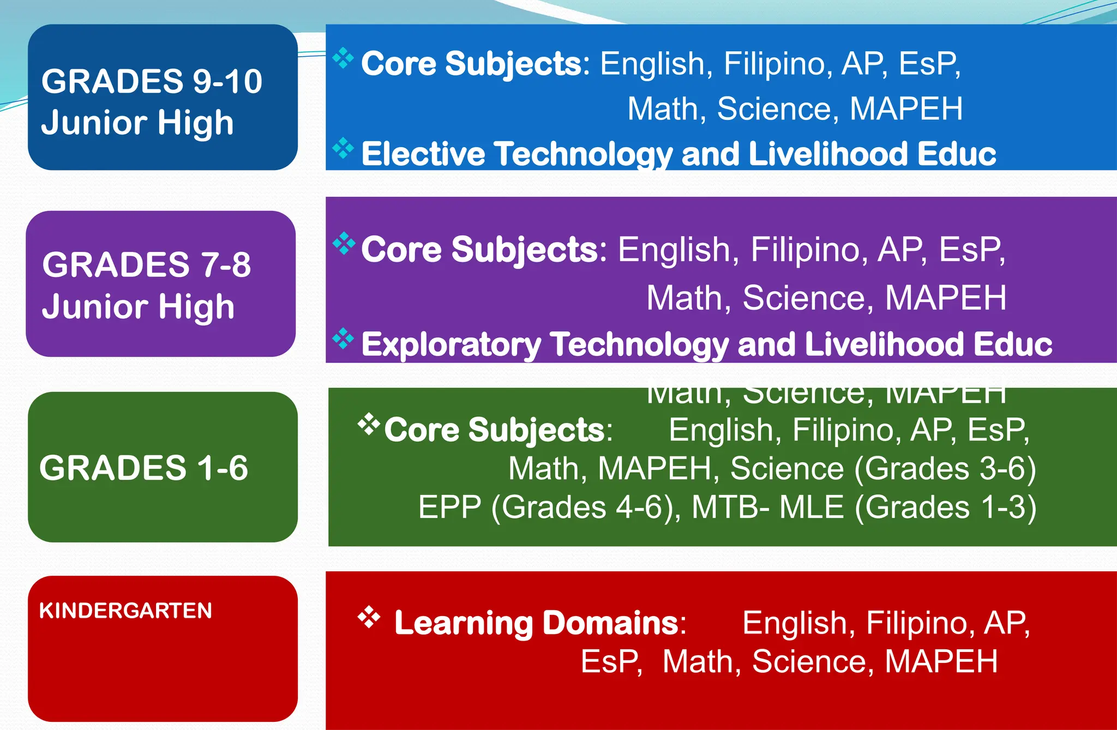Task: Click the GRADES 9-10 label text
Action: click(152, 82)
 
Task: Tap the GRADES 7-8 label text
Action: click(146, 265)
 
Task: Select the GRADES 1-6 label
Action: click(143, 468)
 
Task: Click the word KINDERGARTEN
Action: click(125, 611)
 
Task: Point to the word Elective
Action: click(423, 154)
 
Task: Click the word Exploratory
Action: click(451, 345)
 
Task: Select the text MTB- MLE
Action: click(768, 507)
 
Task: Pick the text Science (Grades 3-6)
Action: click(882, 468)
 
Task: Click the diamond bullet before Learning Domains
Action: click(369, 617)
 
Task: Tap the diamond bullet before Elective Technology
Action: click(343, 148)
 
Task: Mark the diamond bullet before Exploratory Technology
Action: click(343, 339)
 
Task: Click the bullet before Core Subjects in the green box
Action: click(369, 424)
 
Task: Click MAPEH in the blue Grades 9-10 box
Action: click(906, 108)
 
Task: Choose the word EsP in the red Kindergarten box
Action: click(610, 661)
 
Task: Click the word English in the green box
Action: click(720, 430)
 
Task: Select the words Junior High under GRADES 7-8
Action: click(138, 306)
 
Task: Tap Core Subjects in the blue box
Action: click(472, 64)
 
